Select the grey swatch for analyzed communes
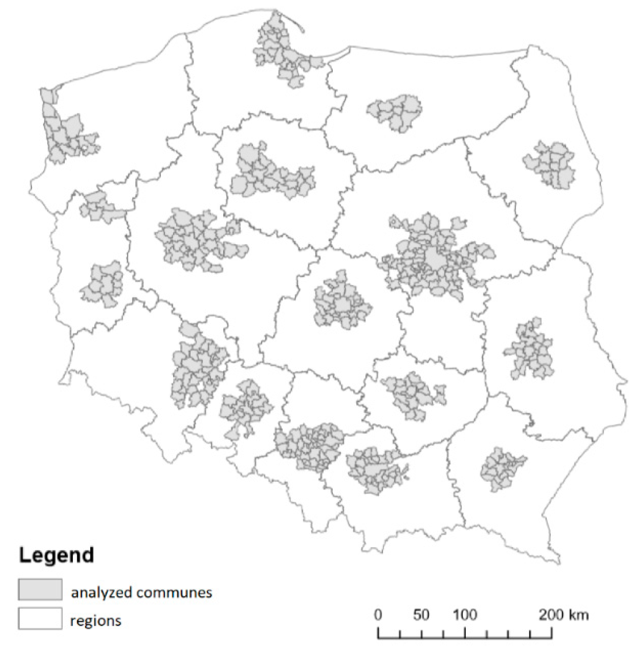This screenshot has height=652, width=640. coord(40,589)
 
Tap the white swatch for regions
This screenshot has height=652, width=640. coord(40,618)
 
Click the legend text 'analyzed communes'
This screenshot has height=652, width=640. coord(141,592)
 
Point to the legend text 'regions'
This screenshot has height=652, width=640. coord(95,621)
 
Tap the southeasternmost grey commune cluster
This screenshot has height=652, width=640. coord(502,469)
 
